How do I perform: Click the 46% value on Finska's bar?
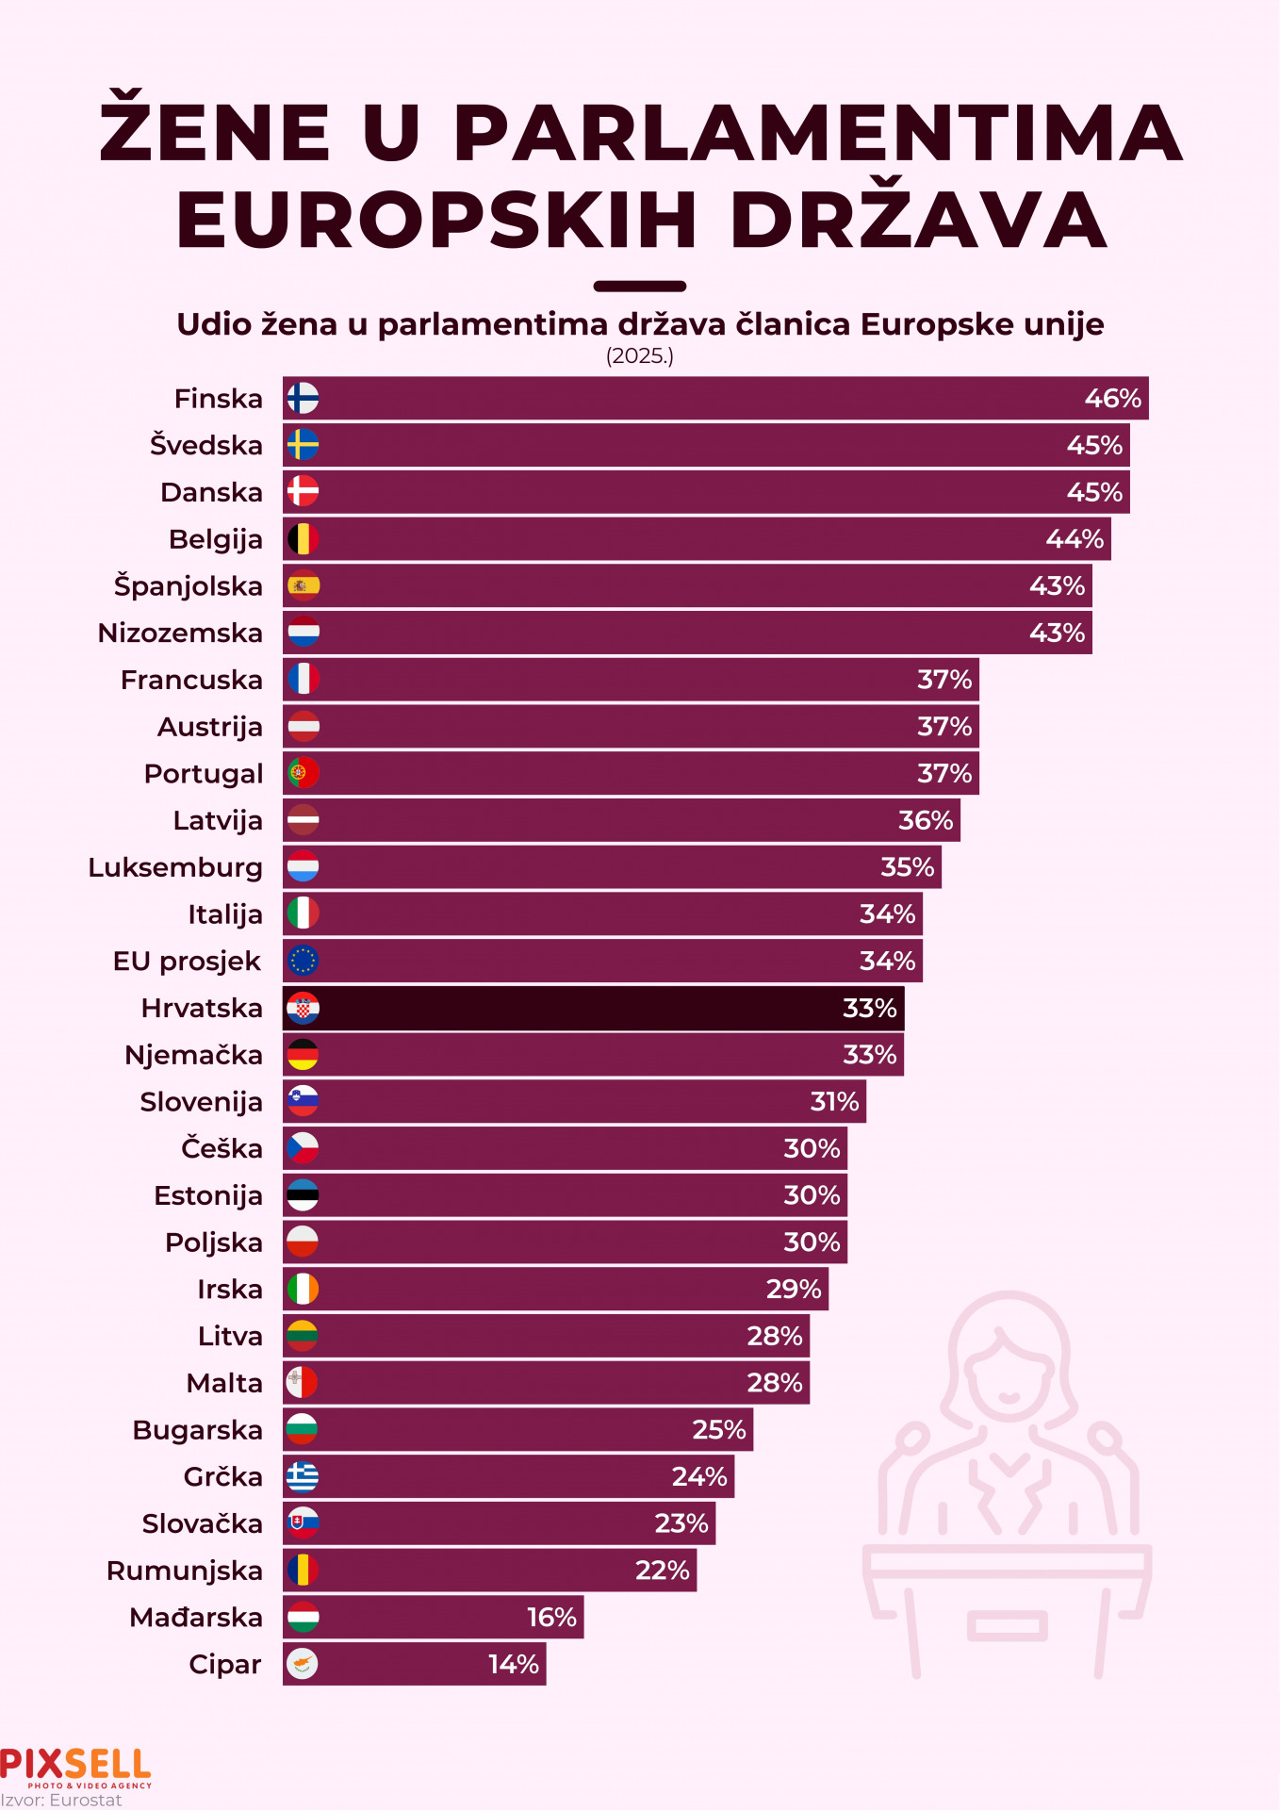1112,399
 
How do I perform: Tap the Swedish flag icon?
303,445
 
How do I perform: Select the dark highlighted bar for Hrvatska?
593,1008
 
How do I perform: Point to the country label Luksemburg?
175,867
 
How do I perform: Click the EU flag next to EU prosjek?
303,961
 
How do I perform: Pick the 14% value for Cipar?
514,1664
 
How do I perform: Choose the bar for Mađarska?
433,1617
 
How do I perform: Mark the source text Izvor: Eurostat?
61,1801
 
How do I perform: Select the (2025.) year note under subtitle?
640,355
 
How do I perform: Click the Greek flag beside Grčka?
303,1476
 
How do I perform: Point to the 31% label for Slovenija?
834,1101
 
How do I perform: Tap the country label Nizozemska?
180,633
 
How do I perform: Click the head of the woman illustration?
1009,1357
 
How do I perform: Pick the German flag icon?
303,1054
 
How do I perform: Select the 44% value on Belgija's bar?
1075,539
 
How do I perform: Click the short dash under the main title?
640,286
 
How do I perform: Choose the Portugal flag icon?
303,773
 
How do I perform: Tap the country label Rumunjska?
185,1571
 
